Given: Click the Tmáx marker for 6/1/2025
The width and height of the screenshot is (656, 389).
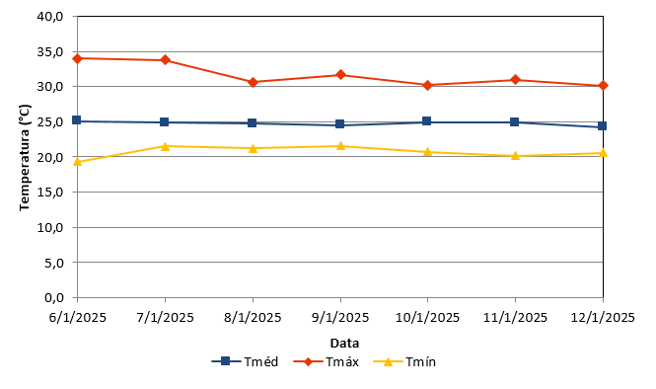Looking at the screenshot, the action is coord(77,58).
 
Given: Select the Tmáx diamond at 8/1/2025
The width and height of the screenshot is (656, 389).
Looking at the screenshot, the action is coord(253,82).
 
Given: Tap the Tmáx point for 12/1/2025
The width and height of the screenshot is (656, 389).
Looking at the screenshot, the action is coord(603,86).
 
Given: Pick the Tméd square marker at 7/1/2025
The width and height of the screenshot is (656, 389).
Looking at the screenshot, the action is coord(165,121).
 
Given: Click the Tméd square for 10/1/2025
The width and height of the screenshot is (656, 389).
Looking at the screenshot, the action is coord(427,121).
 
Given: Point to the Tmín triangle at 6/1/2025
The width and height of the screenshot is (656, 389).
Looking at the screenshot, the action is coord(77,162).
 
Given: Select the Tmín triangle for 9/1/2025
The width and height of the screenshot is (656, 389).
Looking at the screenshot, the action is coord(340,146).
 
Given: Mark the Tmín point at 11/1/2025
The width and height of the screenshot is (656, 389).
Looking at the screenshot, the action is coord(515,156).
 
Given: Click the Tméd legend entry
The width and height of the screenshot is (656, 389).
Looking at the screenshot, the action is coord(245,361).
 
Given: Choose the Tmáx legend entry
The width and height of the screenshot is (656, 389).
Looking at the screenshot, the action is coord(326,361).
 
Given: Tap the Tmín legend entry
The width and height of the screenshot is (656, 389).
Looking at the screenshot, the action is coord(404,361).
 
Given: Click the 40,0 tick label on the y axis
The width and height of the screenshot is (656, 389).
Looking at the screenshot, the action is coord(50,17).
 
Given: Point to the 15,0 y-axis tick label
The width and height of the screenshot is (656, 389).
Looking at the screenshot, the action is coord(50,192).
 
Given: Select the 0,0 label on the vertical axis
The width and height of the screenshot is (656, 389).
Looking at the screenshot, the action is coord(54,298).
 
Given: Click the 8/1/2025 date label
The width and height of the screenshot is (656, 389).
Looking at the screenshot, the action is coord(253,317).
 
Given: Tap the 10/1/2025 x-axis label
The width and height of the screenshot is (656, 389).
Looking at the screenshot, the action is coord(427,317).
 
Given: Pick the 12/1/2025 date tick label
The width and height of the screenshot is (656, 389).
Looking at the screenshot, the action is coord(603,317).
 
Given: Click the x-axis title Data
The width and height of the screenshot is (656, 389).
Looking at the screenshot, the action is coord(344,344).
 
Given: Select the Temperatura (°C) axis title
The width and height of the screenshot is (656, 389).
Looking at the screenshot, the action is coord(25,157).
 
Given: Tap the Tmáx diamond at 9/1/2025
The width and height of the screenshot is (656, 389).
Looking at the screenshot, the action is coord(340,75).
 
